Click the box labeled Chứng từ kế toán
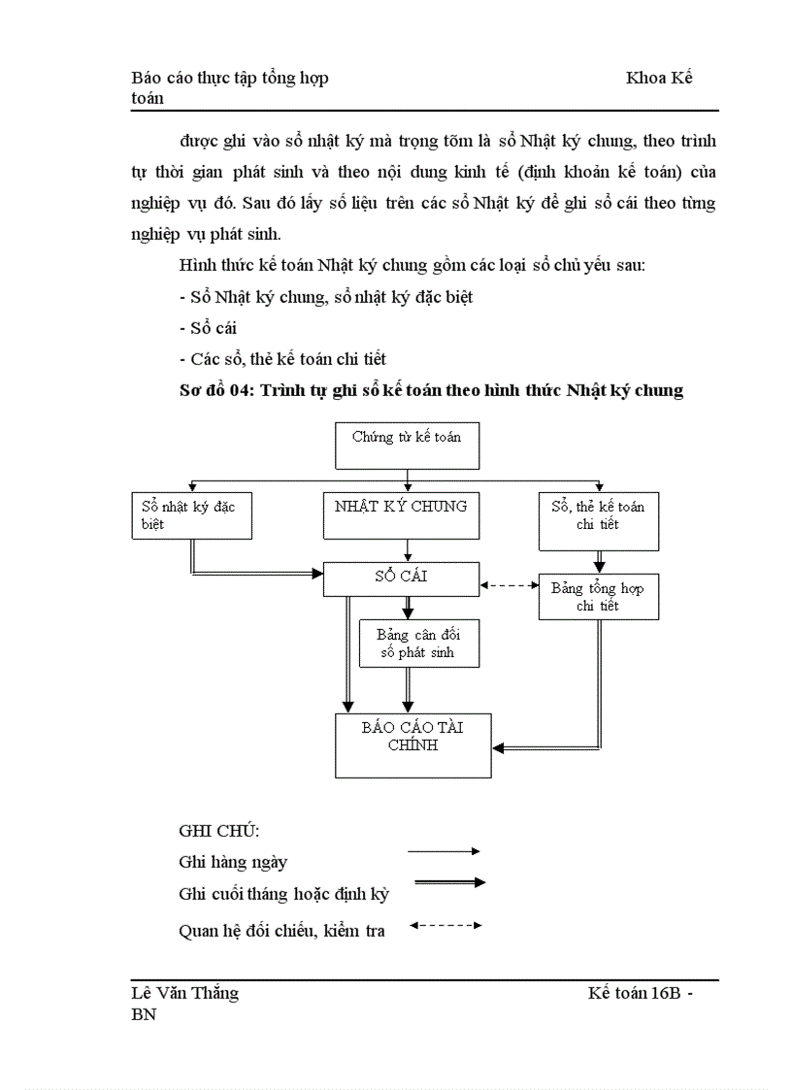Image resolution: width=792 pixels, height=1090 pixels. [407, 446]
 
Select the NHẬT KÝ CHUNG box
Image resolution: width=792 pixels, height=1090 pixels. [400, 514]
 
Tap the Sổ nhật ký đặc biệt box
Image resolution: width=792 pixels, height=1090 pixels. [191, 515]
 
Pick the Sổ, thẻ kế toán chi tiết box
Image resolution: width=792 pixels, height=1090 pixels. [598, 520]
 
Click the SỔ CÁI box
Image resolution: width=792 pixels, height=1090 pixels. [400, 578]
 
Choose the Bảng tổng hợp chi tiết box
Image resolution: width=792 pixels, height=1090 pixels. [598, 596]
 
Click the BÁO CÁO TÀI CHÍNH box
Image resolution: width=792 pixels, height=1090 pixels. [412, 744]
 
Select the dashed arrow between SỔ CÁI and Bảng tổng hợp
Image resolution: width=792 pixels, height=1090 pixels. [510, 585]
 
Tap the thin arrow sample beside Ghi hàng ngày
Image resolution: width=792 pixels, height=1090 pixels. [444, 851]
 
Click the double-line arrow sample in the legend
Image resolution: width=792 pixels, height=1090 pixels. [448, 882]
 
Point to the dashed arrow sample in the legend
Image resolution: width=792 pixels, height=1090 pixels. [445, 925]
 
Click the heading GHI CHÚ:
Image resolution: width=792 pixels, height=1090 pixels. [219, 832]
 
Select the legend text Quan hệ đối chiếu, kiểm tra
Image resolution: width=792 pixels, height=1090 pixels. [281, 931]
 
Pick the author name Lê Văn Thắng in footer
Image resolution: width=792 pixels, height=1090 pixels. [184, 993]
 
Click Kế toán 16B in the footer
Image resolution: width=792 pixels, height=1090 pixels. [632, 993]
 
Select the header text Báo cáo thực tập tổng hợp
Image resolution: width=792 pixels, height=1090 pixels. [229, 78]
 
